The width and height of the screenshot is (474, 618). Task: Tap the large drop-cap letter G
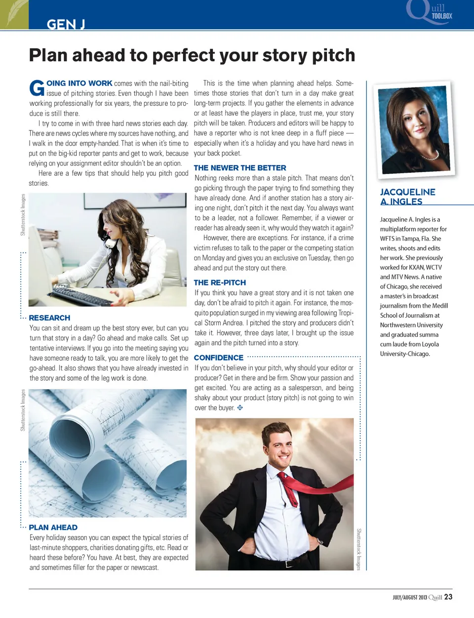point(37,88)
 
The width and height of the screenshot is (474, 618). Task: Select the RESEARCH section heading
point(49,318)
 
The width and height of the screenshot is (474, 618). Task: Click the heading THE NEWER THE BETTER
point(239,168)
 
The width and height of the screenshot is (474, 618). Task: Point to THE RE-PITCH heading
point(220,283)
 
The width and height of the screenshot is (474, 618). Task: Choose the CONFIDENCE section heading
point(218,358)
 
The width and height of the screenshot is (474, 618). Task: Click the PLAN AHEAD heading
point(53,527)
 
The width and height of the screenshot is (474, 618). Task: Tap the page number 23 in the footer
point(448,597)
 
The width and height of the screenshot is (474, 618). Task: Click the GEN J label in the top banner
point(66,24)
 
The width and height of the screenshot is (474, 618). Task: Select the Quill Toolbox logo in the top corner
point(430,12)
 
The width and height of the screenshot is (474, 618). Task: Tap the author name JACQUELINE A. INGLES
point(407,196)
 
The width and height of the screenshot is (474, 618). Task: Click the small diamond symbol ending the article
point(240,408)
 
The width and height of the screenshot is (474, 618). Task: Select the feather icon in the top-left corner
point(14,14)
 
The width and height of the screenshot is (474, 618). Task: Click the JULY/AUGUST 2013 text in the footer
point(410,597)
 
